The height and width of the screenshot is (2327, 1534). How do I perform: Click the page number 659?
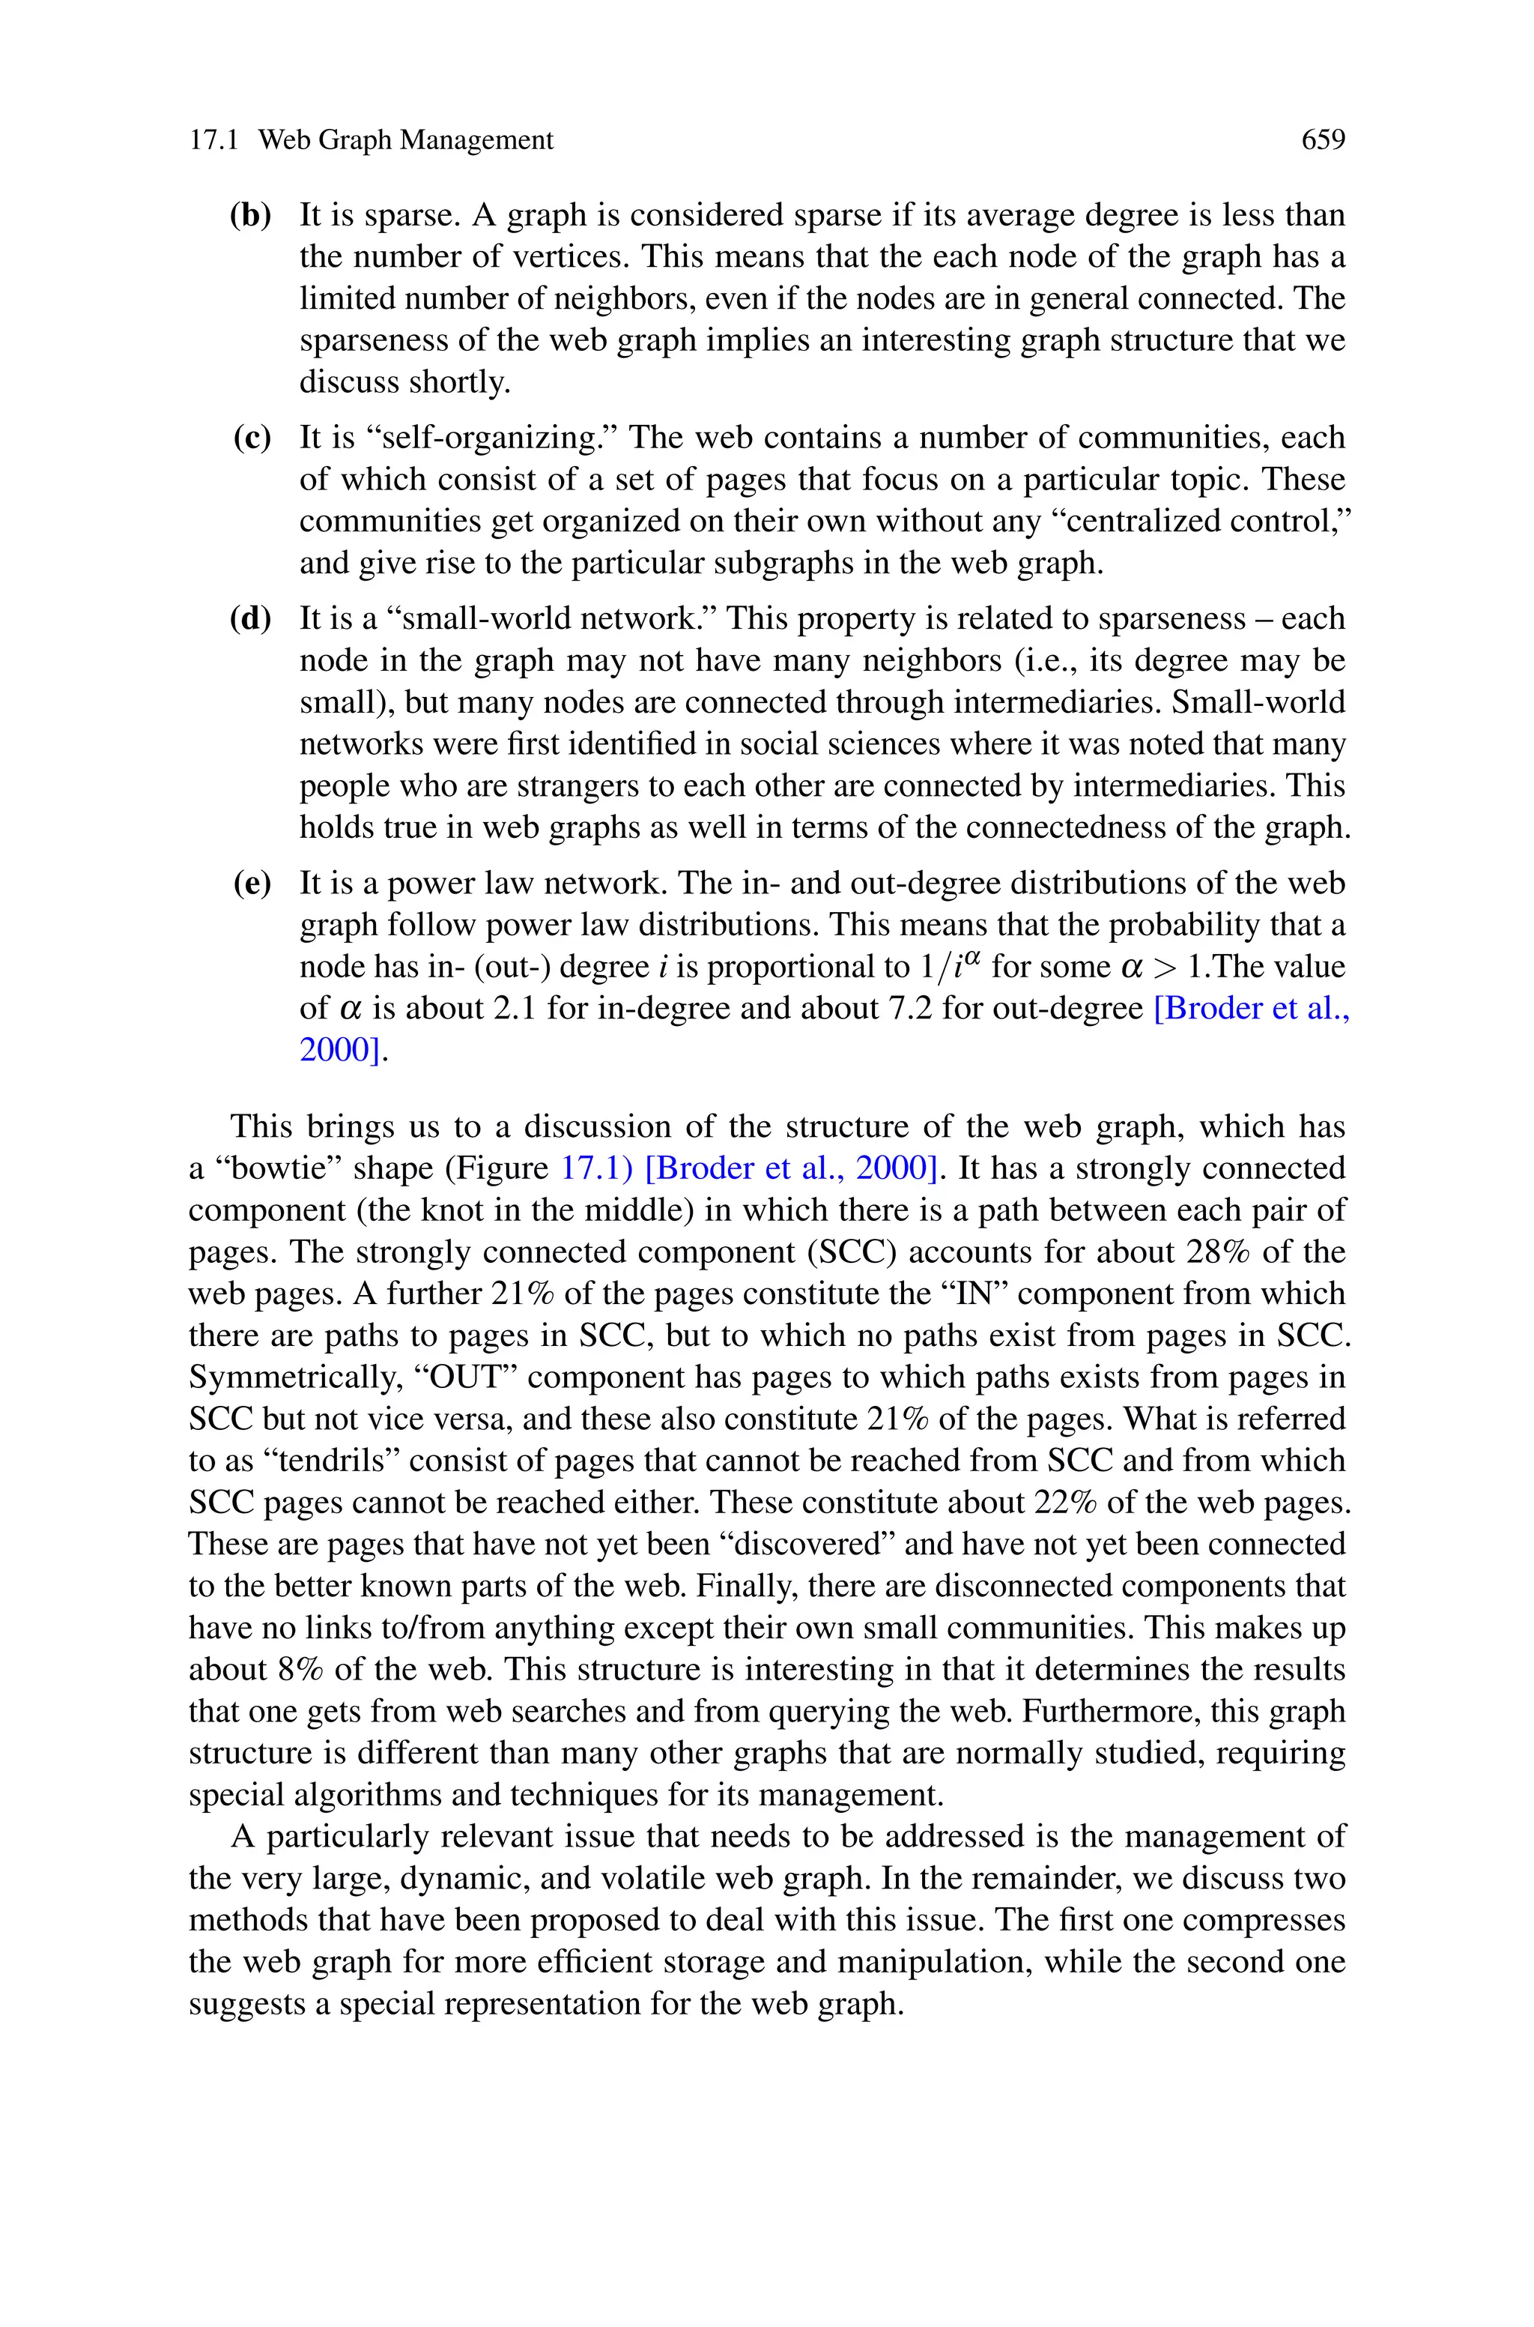tap(1323, 140)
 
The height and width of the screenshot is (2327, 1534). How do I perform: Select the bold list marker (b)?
tap(250, 215)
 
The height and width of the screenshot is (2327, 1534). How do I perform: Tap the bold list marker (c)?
tap(252, 438)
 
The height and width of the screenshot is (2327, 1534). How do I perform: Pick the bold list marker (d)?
tap(250, 618)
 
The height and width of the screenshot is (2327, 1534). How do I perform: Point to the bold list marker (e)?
tap(252, 883)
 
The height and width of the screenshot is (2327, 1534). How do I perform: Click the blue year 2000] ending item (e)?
tap(339, 1050)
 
